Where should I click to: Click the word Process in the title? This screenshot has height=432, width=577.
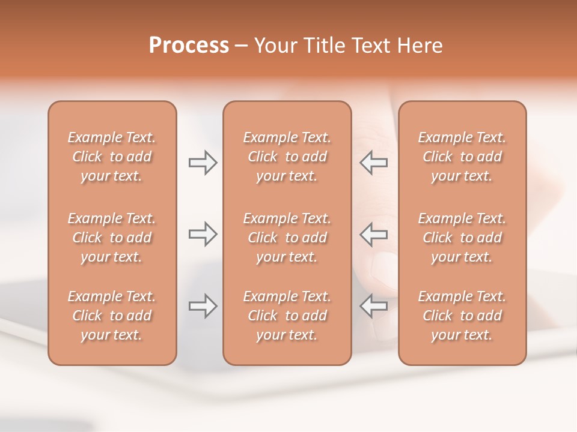click(189, 46)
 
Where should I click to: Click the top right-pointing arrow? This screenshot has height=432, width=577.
click(203, 163)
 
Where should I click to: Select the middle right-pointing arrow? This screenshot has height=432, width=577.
click(203, 234)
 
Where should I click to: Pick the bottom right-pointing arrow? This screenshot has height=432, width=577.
click(203, 306)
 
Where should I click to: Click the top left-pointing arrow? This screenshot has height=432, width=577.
click(374, 163)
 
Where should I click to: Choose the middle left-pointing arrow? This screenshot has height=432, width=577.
click(374, 234)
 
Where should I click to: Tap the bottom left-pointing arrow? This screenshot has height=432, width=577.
click(374, 306)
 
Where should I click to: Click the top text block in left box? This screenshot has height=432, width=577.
click(112, 157)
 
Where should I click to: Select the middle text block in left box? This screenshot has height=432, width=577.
click(112, 238)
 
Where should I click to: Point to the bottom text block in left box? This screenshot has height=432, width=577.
click(112, 316)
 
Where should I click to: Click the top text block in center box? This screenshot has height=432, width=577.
click(287, 157)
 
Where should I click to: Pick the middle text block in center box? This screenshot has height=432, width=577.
click(287, 238)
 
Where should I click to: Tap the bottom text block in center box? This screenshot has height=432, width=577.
click(287, 316)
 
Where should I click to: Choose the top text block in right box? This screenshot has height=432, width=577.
click(462, 157)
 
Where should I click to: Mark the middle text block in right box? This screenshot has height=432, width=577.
click(462, 238)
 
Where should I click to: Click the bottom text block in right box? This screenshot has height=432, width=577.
click(462, 316)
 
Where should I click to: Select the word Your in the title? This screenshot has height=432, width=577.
click(275, 46)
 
